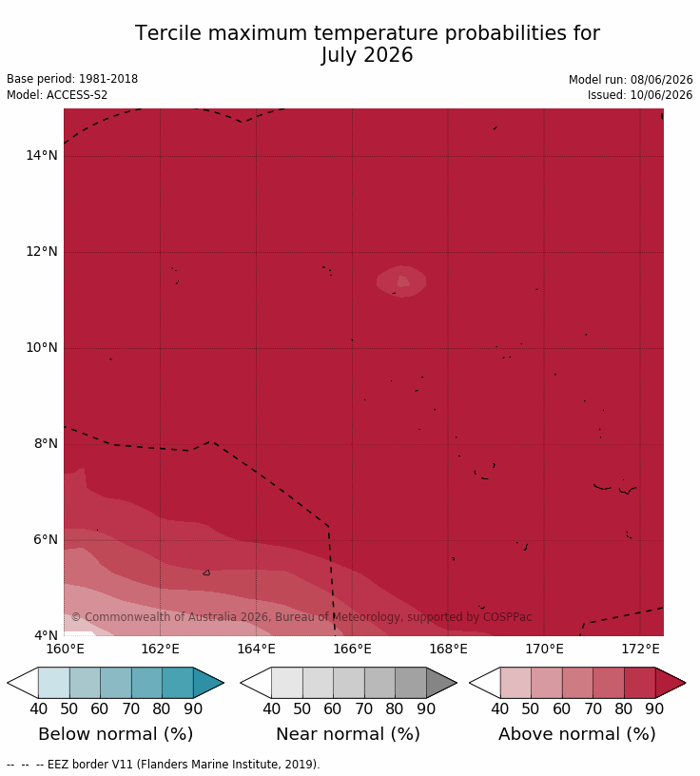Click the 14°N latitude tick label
(x=42, y=155)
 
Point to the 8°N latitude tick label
(x=46, y=443)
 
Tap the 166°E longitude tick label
(x=352, y=649)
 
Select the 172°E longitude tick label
(x=640, y=649)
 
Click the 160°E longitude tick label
(x=65, y=649)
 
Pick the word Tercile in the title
(x=168, y=33)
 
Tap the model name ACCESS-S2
(x=77, y=94)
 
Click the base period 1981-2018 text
(x=108, y=79)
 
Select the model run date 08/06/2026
(x=661, y=80)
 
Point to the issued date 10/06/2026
(x=661, y=94)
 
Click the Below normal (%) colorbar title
(x=116, y=734)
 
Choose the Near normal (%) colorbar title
(x=348, y=734)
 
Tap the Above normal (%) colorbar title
(x=577, y=734)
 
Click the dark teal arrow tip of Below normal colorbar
(x=224, y=683)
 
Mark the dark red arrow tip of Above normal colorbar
(x=686, y=683)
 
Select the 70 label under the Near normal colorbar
(x=364, y=709)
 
